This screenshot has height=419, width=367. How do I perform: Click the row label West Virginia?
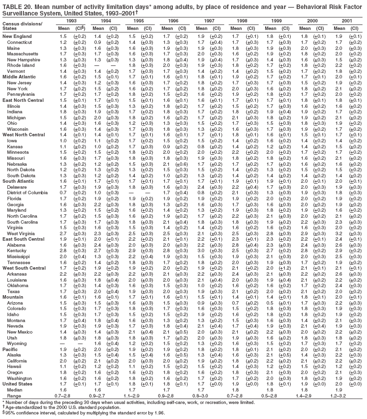[x=17, y=233]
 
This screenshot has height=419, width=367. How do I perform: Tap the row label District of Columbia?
[x=24, y=192]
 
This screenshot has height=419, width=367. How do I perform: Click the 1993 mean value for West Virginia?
[x=63, y=233]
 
